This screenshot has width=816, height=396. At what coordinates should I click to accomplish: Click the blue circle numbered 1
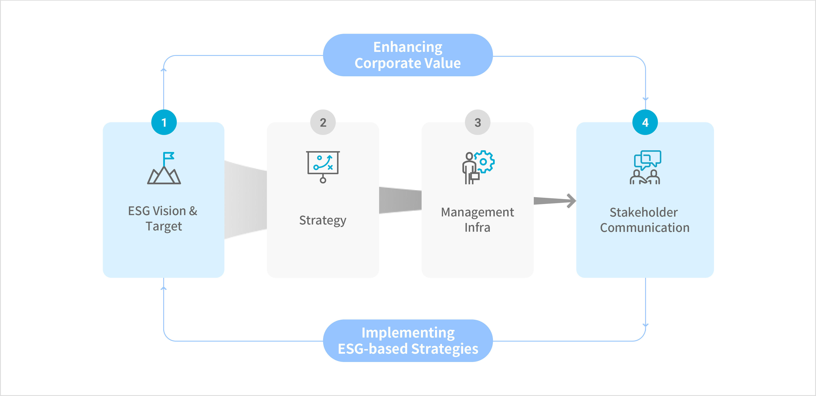tap(164, 122)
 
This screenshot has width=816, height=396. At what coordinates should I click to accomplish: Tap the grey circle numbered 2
tap(323, 122)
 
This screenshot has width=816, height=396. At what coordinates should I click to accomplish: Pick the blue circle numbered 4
tap(645, 122)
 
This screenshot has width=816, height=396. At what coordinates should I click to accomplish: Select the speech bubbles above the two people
tap(647, 159)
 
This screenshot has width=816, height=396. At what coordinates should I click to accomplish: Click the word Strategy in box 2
tap(323, 220)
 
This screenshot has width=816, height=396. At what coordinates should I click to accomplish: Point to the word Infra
tap(477, 227)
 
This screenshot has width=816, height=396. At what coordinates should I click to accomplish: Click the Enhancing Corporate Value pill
tap(408, 55)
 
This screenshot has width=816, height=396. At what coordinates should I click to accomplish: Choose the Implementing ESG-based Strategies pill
tap(408, 341)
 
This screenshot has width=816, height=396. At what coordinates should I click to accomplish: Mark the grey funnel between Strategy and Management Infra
tap(400, 200)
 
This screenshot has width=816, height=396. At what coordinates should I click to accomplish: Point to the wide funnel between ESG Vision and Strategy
tap(245, 200)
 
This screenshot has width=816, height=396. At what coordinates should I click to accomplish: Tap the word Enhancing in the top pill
tap(408, 47)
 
